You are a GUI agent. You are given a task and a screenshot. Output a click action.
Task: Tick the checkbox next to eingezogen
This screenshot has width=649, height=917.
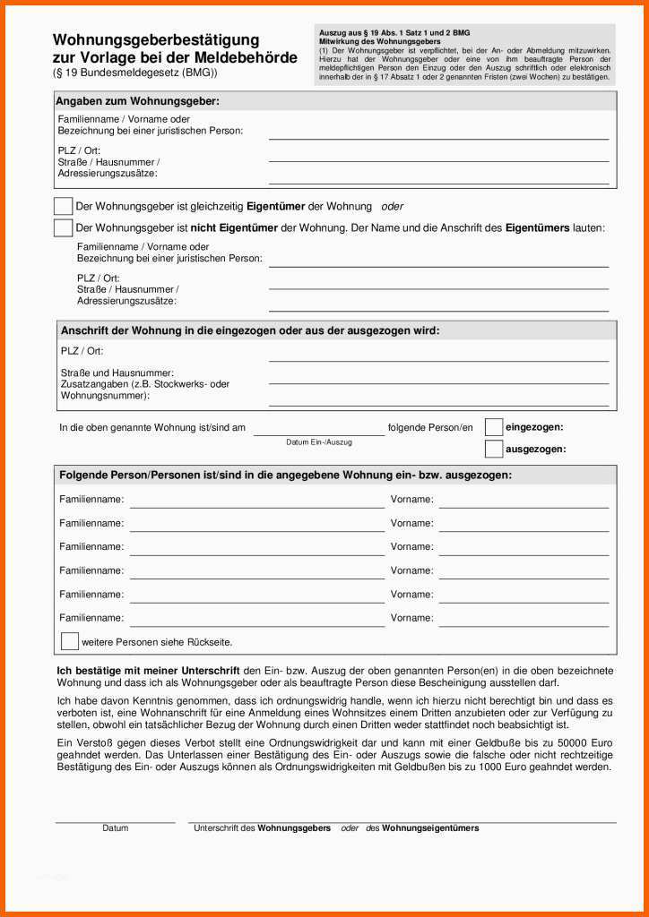pos(494,427)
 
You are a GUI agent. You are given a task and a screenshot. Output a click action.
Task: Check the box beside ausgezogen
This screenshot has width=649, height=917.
pos(494,449)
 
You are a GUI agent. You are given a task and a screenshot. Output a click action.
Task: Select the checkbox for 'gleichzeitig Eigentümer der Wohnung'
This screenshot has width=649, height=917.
pos(63,206)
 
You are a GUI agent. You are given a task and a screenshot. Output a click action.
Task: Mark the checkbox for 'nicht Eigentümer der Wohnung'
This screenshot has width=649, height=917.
pos(63,227)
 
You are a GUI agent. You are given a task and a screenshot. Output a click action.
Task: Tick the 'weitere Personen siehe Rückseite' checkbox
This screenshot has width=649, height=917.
pos(70,641)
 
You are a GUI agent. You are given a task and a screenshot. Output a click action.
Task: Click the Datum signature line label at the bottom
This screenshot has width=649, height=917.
pos(115,828)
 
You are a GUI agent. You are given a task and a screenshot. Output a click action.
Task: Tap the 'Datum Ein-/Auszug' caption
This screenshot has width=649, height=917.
pos(319,442)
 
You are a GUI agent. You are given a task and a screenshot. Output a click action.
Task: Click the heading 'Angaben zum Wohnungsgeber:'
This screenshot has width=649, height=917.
pos(137,101)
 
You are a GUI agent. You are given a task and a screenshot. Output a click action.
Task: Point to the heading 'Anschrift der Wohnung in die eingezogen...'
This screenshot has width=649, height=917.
pos(250,330)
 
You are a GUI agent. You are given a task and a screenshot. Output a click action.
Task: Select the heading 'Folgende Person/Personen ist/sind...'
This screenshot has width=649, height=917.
pos(285,475)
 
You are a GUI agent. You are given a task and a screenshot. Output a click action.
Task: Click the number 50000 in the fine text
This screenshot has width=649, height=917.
pos(572,743)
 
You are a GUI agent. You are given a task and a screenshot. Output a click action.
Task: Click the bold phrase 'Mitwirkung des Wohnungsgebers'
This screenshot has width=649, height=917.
pos(380,42)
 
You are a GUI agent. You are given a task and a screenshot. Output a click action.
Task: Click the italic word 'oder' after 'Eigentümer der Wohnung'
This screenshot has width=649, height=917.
pos(392,206)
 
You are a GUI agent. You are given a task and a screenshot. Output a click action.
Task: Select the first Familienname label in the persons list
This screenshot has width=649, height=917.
pos(91,500)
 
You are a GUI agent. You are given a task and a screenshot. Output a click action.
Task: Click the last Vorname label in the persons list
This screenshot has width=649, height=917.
pos(411,618)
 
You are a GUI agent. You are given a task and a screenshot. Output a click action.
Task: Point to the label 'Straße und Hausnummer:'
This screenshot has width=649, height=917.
pos(117,373)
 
